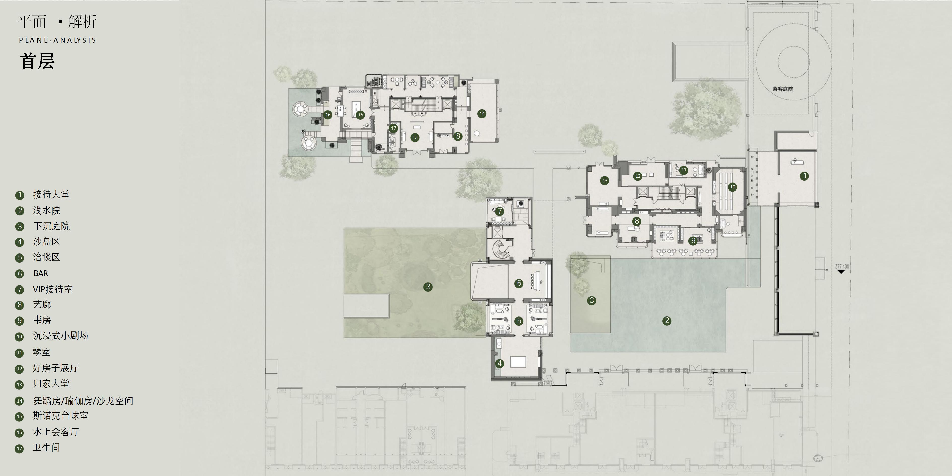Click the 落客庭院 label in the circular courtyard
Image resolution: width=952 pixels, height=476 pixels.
782,89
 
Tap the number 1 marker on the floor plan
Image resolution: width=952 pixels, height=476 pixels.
804,176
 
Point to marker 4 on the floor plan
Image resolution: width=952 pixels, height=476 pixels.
499,363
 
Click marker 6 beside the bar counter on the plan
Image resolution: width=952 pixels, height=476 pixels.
519,283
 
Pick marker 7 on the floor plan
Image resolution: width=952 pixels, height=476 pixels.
499,211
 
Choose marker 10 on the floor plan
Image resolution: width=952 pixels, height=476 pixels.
732,187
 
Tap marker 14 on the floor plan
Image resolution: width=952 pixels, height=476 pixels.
482,114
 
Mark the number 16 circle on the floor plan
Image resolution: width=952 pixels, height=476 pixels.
327,115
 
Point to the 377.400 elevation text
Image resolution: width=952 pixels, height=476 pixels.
842,266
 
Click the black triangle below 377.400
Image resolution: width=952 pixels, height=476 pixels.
841,272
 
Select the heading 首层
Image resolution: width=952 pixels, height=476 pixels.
37,61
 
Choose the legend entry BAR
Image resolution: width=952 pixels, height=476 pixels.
41,273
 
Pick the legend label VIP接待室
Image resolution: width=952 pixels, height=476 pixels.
53,289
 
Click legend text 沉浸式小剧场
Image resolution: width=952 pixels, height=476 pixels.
60,336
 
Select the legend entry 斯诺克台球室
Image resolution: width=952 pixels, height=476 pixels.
60,416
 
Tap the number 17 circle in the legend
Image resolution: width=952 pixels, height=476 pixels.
20,448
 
